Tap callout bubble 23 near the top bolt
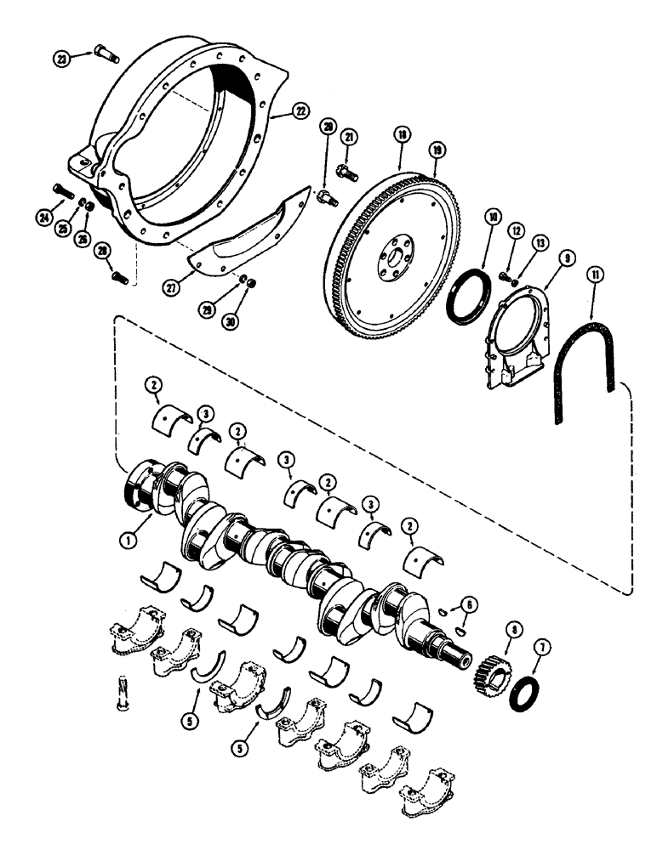point(60,58)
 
